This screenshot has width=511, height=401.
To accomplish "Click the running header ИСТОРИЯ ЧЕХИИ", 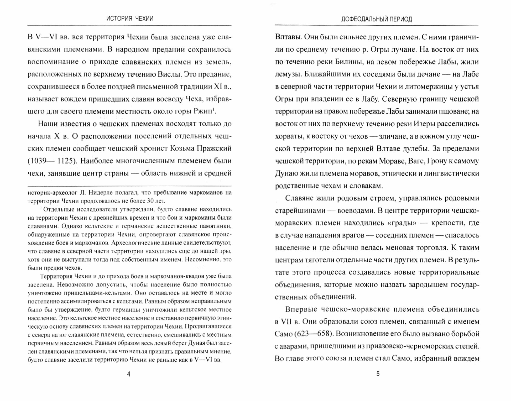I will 130,19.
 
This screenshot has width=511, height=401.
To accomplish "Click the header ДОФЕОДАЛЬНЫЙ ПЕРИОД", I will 377,19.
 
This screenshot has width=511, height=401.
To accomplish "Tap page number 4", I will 129,374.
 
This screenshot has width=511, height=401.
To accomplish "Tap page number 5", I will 378,374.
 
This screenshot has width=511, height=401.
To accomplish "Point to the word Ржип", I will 204,111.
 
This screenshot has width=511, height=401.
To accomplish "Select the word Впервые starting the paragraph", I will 301,309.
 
